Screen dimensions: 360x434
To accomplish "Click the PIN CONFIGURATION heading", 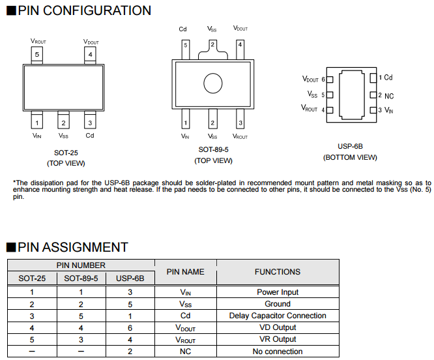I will coord(83,10).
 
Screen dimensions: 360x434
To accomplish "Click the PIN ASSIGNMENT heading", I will coord(72,247).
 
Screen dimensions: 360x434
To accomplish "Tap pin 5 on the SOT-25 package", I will coord(37,54).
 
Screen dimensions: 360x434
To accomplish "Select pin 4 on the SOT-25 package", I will coord(91,54).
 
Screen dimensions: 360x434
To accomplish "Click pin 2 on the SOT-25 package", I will coord(63,122).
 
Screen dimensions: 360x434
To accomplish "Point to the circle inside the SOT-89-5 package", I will coord(212,83).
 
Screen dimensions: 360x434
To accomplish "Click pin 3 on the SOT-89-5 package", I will coord(240,122).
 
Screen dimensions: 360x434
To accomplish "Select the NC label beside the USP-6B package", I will coord(389,96).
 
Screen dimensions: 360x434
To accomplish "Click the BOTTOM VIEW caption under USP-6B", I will coord(350,157).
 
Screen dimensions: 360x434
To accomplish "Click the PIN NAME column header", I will coord(185,271).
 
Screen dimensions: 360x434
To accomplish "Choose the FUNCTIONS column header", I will coord(278,271).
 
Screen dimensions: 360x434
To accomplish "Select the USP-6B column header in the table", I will coord(130,278).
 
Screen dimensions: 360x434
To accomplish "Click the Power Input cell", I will coord(278,292).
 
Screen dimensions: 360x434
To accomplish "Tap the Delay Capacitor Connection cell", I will coord(278,316).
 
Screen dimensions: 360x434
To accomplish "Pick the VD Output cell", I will coord(278,327).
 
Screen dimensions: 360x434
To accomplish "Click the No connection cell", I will coord(278,352).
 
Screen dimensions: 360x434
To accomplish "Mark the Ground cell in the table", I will coord(278,304).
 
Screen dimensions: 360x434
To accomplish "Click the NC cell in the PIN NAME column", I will coord(185,352).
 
